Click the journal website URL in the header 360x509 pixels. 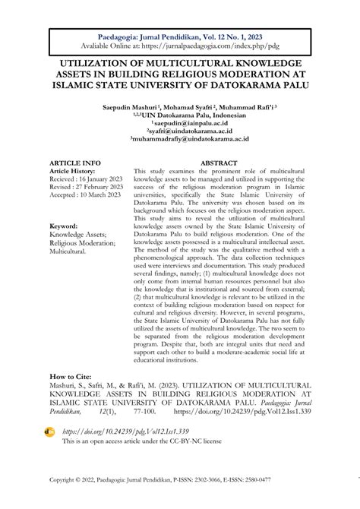point(180,47)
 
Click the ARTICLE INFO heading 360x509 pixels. point(74,163)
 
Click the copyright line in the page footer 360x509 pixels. point(180,480)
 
